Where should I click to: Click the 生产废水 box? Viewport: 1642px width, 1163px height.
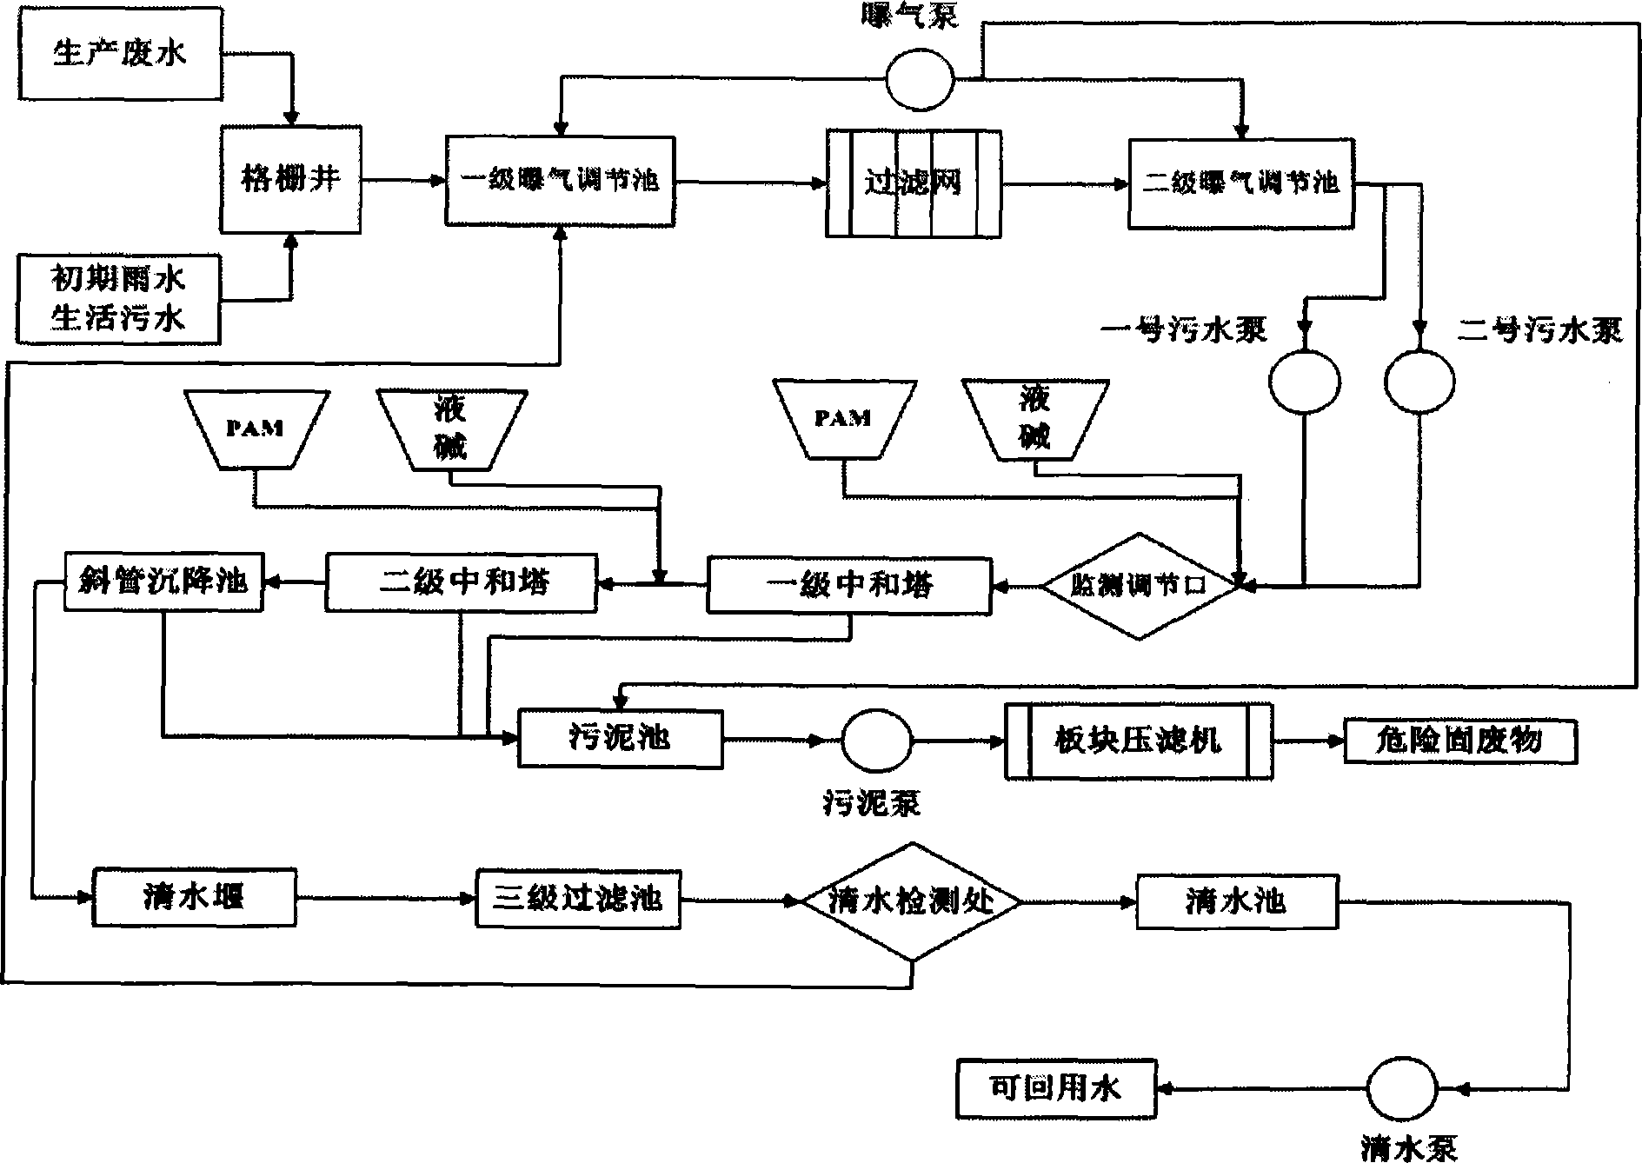[x=120, y=55]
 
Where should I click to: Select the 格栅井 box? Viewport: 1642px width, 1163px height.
[x=290, y=180]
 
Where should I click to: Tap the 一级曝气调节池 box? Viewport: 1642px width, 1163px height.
[x=560, y=180]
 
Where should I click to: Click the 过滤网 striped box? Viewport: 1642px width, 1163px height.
[x=913, y=183]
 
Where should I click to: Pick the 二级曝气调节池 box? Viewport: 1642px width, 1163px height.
[x=1240, y=183]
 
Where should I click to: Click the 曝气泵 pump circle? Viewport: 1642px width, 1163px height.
[x=920, y=79]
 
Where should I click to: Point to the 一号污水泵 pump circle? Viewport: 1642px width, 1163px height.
[x=1304, y=382]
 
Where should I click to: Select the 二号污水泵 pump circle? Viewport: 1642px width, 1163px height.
[x=1419, y=382]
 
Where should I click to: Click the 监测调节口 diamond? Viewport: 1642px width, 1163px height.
[x=1140, y=586]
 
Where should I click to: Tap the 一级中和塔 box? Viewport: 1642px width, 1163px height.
[x=849, y=584]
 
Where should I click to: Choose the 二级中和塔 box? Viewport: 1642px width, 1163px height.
[x=462, y=582]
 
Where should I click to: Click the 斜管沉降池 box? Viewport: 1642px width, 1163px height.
[x=163, y=581]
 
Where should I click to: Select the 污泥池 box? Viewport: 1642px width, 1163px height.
[x=620, y=739]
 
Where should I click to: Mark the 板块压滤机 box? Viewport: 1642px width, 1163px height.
[x=1138, y=741]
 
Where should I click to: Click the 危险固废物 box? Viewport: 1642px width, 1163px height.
[x=1460, y=741]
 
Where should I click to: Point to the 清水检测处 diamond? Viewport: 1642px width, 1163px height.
[x=911, y=901]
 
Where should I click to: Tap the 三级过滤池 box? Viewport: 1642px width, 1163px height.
[x=578, y=899]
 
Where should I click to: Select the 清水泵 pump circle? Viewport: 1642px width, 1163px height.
[x=1402, y=1088]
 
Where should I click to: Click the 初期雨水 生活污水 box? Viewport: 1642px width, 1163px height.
[x=118, y=299]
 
